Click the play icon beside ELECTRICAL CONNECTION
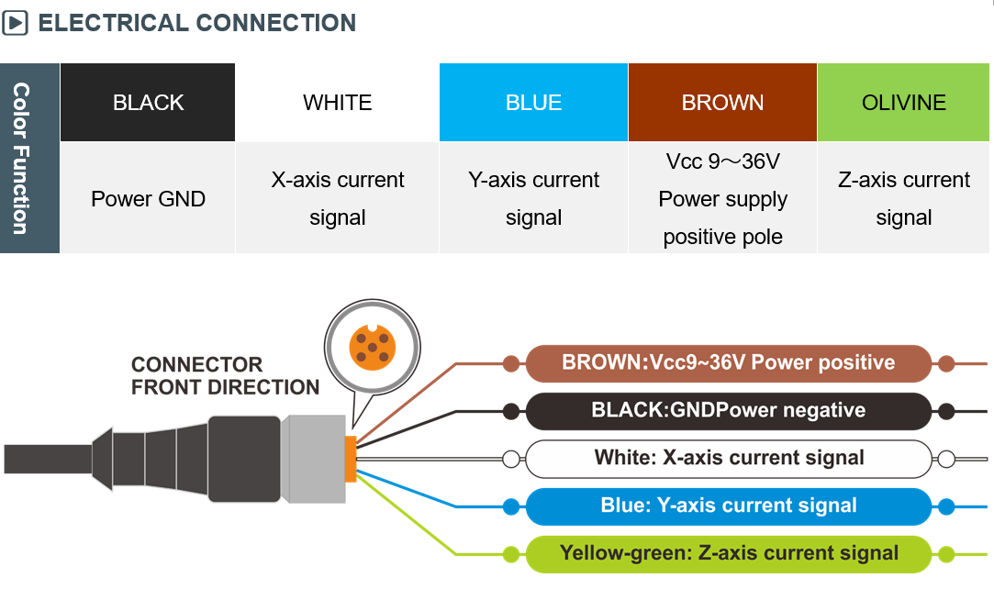point(15,23)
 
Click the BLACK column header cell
point(148,103)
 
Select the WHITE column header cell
point(337,103)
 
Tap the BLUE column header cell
point(533,103)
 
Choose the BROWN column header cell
point(722,103)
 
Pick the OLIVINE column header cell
point(903,103)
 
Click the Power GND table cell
point(148,198)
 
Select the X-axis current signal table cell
point(337,198)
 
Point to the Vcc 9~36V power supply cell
point(722,198)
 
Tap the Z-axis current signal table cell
point(903,198)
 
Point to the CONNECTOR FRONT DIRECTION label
point(225,375)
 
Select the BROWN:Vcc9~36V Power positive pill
point(728,362)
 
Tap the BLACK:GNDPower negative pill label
point(728,410)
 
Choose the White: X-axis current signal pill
point(728,458)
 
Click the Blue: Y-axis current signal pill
point(728,506)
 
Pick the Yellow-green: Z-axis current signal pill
point(728,553)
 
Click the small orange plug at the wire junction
point(350,459)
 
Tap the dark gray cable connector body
point(243,458)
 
